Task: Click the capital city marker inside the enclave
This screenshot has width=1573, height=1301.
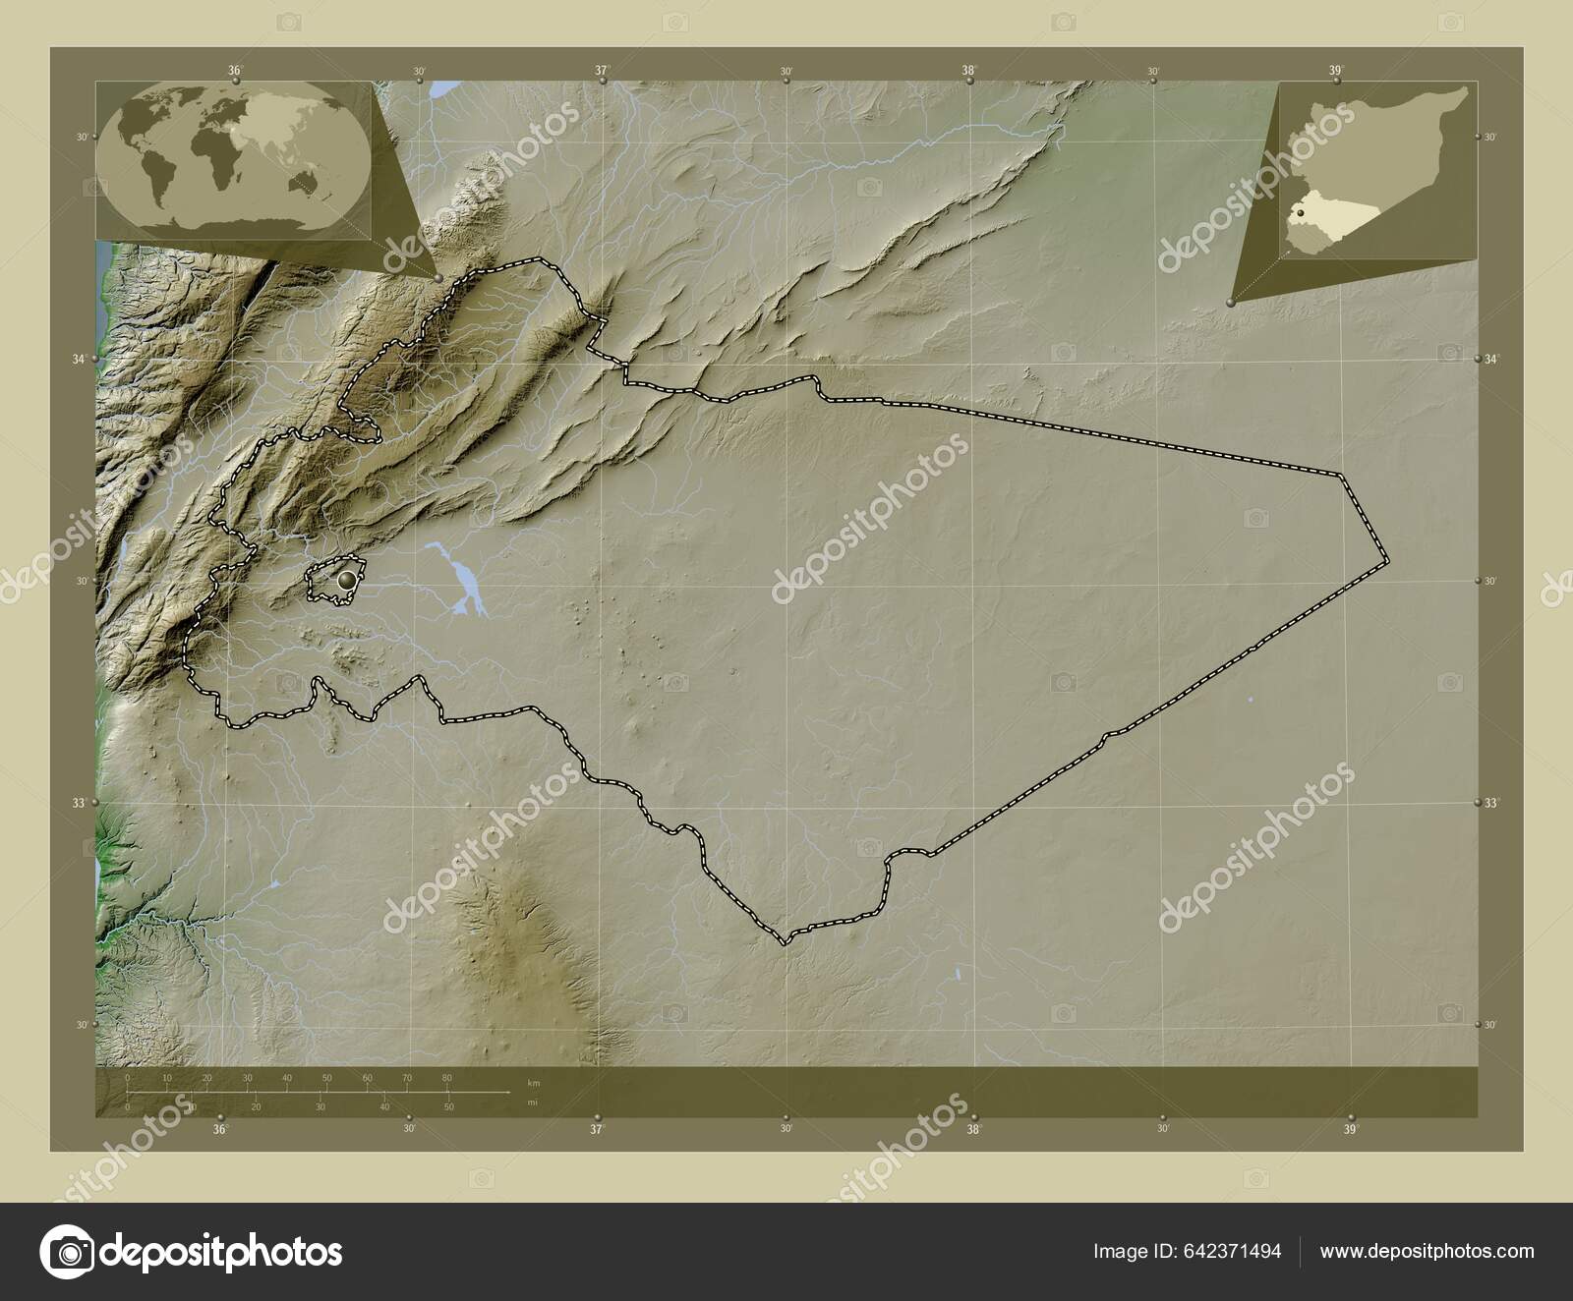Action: (x=345, y=581)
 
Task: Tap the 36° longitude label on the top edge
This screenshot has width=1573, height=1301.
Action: (x=235, y=71)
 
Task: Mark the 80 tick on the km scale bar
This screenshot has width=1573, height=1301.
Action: (x=447, y=1079)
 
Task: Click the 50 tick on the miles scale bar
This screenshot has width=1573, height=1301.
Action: (x=448, y=1107)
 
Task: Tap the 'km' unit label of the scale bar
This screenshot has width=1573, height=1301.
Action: (x=533, y=1083)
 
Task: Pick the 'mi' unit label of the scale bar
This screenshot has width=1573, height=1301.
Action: (x=533, y=1103)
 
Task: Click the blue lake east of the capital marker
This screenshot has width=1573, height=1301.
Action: (x=459, y=582)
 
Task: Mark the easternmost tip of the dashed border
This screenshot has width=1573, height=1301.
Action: (x=1388, y=561)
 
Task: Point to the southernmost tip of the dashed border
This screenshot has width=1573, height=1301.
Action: (x=785, y=943)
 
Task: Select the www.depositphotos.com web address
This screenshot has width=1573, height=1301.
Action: (x=1427, y=1251)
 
